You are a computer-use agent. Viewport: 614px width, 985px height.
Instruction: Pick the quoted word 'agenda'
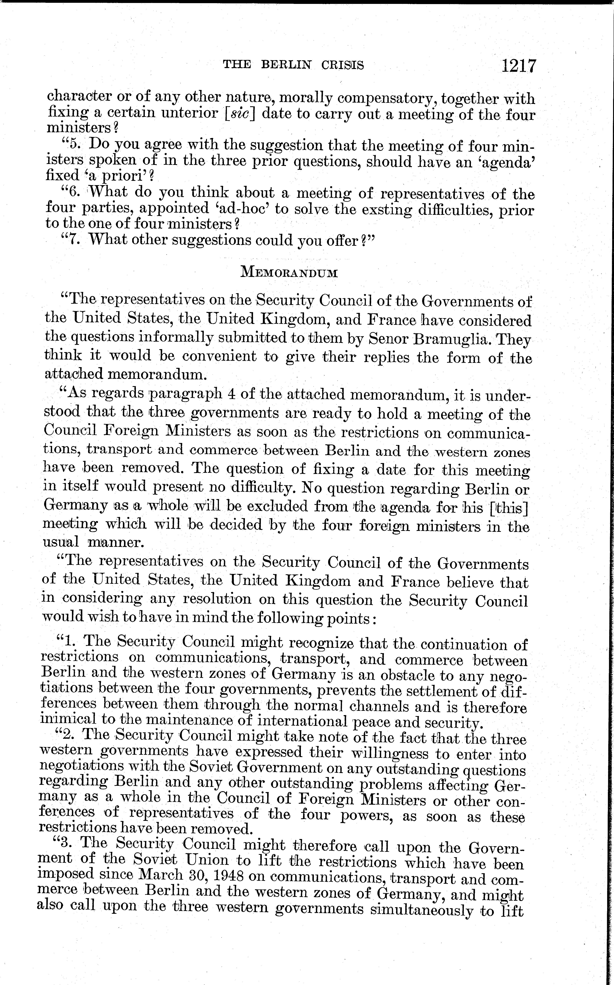click(x=510, y=162)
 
